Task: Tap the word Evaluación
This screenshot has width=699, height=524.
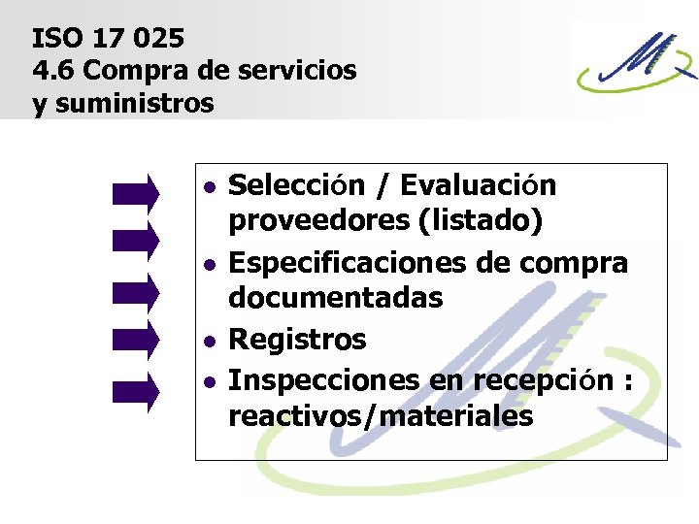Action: (x=479, y=184)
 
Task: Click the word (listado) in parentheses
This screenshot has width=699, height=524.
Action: (x=480, y=222)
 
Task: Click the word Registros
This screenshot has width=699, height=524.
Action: (x=297, y=340)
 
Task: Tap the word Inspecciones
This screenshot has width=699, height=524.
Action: (x=325, y=380)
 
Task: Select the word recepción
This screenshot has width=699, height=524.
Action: (x=544, y=380)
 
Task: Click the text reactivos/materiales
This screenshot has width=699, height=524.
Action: (x=381, y=416)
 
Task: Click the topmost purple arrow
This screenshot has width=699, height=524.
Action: (x=136, y=191)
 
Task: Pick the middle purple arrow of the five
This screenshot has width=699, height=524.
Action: (x=136, y=290)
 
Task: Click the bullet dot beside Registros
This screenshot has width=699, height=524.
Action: (x=210, y=341)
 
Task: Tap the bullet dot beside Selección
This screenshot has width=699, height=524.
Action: (x=210, y=185)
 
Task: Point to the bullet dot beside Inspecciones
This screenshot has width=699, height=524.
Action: (x=210, y=381)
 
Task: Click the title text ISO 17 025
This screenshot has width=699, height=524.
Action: (x=108, y=39)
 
